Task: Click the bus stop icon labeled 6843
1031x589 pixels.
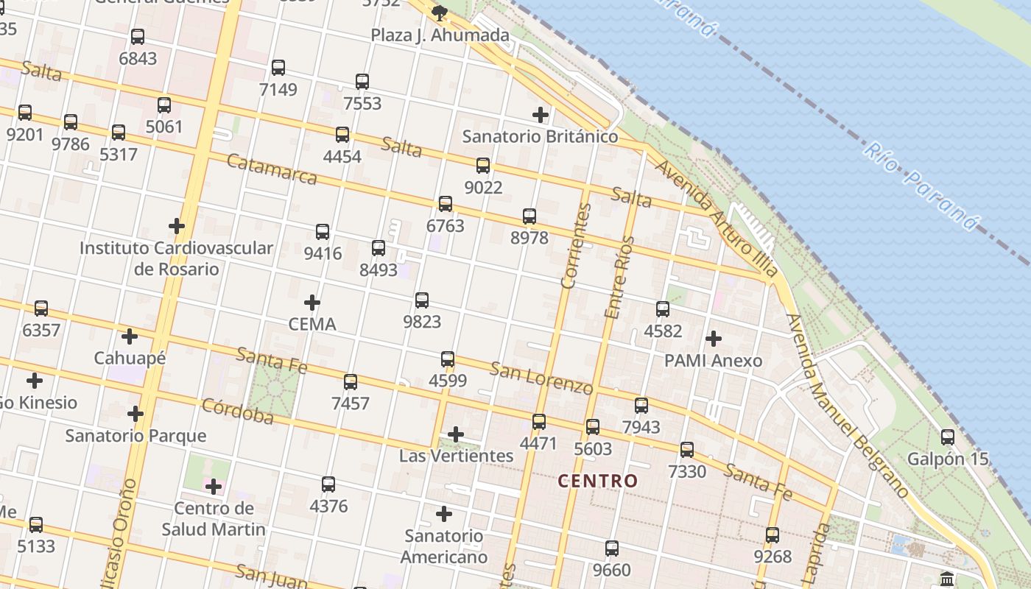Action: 138,37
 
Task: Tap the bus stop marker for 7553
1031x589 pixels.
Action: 362,82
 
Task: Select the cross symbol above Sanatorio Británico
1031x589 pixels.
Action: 541,115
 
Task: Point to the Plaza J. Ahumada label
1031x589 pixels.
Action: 440,35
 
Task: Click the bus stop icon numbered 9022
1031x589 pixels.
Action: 483,166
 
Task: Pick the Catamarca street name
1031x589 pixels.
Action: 272,169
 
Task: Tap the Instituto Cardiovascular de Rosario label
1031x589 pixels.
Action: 176,258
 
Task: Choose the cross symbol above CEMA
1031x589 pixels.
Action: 312,303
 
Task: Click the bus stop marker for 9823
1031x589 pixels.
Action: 422,300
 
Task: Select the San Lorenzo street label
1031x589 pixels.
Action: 541,378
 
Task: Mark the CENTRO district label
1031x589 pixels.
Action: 597,481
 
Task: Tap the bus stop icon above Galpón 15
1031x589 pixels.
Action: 948,437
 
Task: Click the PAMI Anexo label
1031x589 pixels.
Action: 713,361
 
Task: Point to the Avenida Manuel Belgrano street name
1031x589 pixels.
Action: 847,405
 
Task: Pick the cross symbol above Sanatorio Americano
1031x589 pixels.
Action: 444,514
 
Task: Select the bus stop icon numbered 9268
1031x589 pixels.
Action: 773,535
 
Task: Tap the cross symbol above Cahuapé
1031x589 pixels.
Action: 130,337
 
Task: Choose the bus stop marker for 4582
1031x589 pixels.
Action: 663,309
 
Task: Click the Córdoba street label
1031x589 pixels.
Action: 237,412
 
